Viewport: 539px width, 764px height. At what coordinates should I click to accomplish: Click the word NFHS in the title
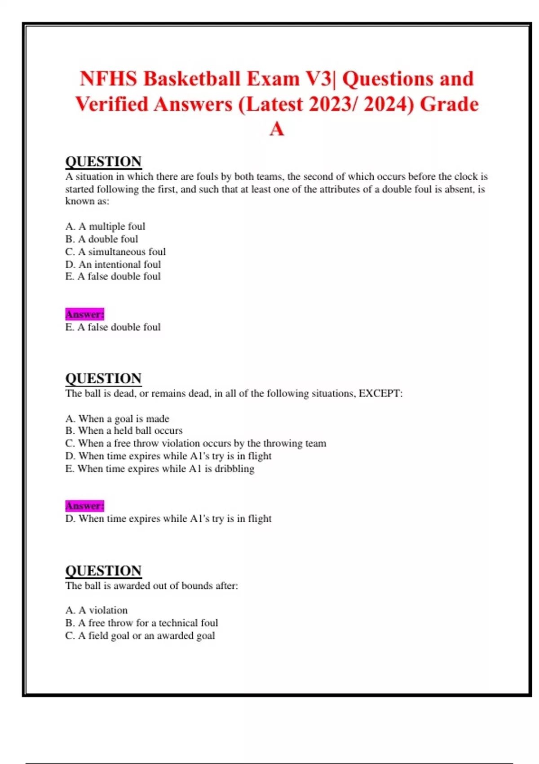[108, 79]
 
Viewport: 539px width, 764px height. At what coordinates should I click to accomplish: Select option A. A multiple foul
[105, 227]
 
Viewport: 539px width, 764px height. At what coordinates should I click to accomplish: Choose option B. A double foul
[102, 239]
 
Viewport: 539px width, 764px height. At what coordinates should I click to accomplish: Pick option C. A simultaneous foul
[115, 252]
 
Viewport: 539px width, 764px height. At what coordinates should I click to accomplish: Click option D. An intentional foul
[113, 264]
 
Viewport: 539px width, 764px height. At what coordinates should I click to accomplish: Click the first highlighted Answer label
[84, 314]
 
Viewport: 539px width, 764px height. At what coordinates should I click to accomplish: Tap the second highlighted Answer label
[84, 506]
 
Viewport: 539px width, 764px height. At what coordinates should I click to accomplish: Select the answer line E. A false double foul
[113, 327]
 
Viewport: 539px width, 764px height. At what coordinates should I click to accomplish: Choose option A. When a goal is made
[117, 419]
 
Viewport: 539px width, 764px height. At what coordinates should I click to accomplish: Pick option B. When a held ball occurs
[124, 431]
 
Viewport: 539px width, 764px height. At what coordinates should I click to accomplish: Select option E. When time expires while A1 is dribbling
[159, 469]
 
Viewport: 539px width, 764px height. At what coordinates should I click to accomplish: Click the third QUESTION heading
[103, 571]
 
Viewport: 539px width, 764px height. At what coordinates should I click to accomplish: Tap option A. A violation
[96, 610]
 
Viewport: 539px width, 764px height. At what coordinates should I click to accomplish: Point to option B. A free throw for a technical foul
[141, 623]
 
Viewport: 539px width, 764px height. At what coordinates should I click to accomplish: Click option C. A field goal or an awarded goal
[140, 635]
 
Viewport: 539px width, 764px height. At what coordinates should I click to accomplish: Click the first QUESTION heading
[103, 162]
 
